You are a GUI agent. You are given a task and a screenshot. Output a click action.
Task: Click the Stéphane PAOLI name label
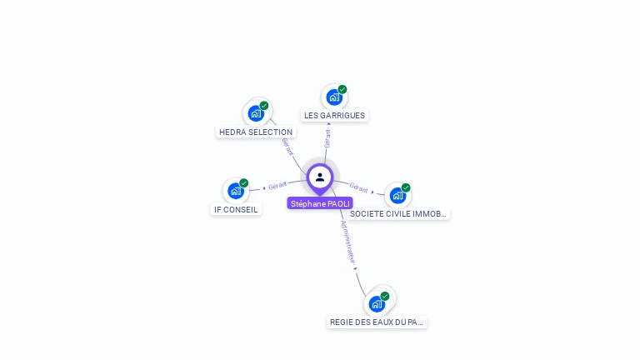(320, 203)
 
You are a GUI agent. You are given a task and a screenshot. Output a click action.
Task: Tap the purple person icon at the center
(320, 177)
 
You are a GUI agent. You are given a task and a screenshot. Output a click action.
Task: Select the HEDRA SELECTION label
(256, 132)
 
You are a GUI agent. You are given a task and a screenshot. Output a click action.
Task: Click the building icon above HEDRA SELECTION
(256, 112)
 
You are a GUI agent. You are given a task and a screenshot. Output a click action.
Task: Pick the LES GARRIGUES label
(334, 115)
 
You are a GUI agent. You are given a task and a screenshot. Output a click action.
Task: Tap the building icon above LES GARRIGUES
(333, 97)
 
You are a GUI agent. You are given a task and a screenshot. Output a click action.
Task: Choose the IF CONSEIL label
(236, 209)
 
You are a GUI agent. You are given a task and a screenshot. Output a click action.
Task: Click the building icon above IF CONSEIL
(236, 191)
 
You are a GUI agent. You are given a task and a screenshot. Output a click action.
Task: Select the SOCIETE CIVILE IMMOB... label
(398, 213)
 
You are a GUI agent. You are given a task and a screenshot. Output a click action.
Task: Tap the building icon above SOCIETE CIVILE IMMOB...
(397, 195)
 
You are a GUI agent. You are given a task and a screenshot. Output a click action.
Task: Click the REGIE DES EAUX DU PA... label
(377, 322)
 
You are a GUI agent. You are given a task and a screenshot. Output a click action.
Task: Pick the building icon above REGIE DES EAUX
(377, 303)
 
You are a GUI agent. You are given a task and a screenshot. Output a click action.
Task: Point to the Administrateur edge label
(348, 242)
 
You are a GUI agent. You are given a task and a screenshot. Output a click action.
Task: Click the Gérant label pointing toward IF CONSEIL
(277, 185)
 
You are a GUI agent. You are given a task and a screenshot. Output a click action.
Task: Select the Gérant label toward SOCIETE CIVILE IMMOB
(359, 187)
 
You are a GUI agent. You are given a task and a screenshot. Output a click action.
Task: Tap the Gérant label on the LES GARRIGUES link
(327, 138)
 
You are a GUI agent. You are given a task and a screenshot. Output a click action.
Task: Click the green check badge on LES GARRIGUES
(342, 89)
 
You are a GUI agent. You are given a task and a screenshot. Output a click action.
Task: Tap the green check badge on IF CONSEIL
(244, 183)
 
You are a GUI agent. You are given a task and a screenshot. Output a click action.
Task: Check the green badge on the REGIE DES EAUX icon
(385, 296)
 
